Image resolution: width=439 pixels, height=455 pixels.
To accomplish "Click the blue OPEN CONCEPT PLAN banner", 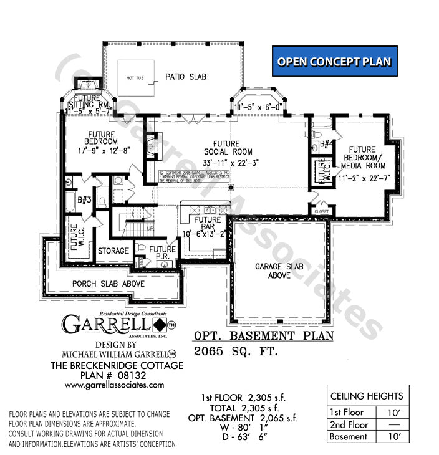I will click(334, 61).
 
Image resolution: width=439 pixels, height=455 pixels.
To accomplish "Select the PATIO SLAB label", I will click(186, 77).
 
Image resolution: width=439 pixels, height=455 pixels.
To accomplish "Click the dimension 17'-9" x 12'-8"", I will click(100, 150).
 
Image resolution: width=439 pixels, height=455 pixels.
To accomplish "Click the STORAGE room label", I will click(113, 251).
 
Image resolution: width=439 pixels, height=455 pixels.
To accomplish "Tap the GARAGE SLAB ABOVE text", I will click(281, 271).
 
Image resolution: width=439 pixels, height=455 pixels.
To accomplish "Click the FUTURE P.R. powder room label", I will click(162, 254).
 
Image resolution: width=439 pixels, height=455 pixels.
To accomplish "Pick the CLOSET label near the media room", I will click(321, 211).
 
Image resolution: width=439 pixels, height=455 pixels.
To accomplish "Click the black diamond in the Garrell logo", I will click(161, 325).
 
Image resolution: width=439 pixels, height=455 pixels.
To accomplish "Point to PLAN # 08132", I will click(115, 375).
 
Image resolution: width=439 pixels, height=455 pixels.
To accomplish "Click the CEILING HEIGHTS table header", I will click(367, 396).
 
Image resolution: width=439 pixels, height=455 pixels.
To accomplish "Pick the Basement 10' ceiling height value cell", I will click(393, 436).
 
